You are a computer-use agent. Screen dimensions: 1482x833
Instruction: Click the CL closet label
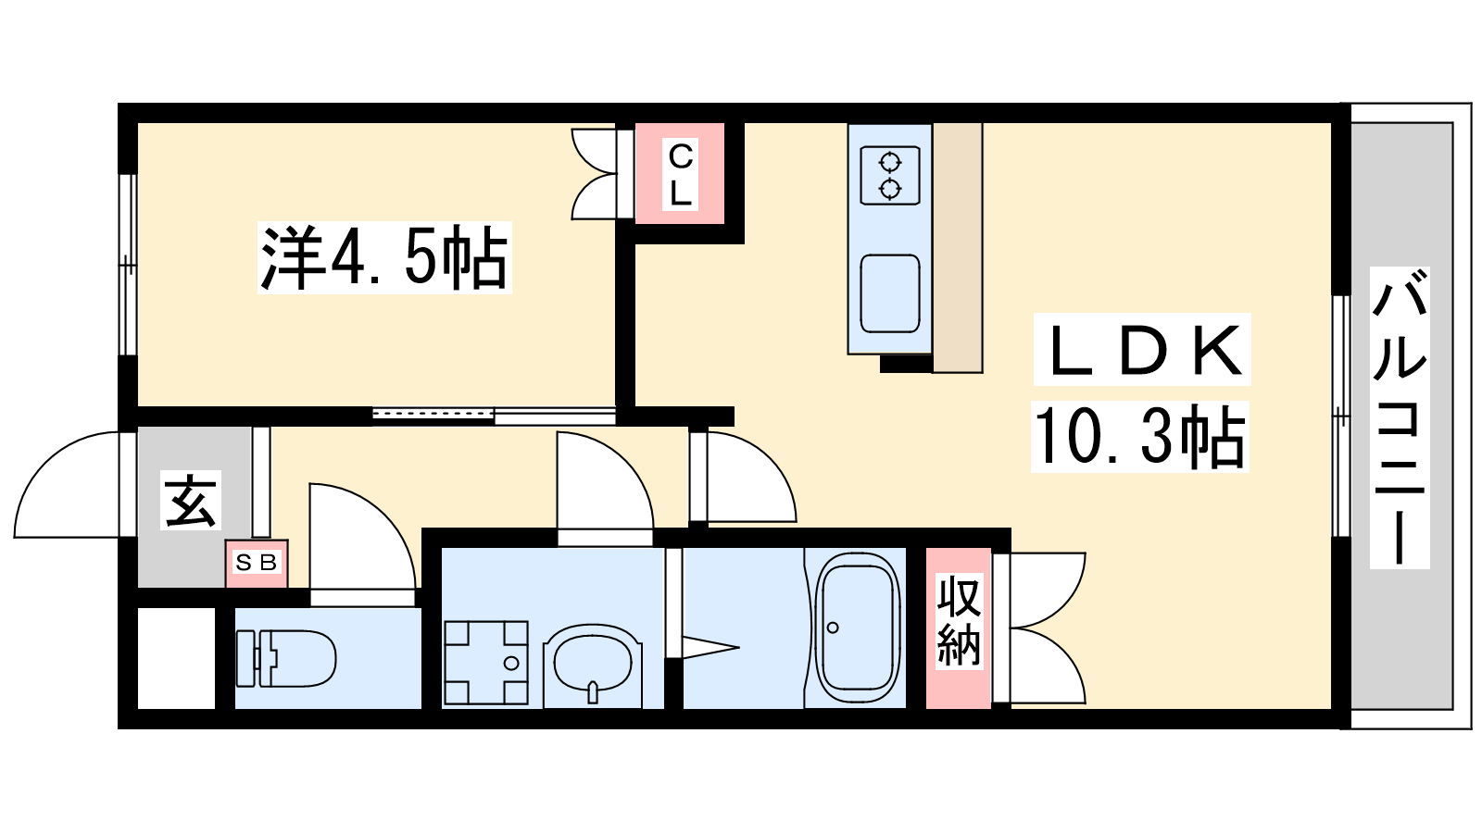point(681,175)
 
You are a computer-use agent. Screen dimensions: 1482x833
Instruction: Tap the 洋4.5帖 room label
point(384,258)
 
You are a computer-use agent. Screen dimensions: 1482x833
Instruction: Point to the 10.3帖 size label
point(1140,437)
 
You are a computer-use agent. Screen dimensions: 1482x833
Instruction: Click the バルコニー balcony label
point(1400,417)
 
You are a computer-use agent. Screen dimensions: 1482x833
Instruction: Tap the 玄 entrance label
point(191,501)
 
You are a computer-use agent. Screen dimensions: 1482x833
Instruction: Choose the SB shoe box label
point(257,563)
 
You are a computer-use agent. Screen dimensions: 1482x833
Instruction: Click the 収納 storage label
point(959,620)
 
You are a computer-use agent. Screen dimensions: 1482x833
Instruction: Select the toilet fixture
point(286,658)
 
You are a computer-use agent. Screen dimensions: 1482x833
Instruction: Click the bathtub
point(858,628)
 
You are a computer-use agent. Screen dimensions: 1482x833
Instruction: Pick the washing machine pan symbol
point(486,663)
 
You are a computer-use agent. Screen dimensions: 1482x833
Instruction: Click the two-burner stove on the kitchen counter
point(890,175)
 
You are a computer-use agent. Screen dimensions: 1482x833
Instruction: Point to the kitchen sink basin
point(890,293)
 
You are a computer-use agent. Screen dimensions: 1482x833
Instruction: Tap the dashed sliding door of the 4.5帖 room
point(433,414)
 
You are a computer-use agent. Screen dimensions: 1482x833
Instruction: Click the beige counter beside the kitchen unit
point(958,248)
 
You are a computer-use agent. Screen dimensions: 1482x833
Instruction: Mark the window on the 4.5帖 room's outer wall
point(129,265)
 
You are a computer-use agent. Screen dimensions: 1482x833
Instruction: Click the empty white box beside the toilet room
point(177,658)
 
